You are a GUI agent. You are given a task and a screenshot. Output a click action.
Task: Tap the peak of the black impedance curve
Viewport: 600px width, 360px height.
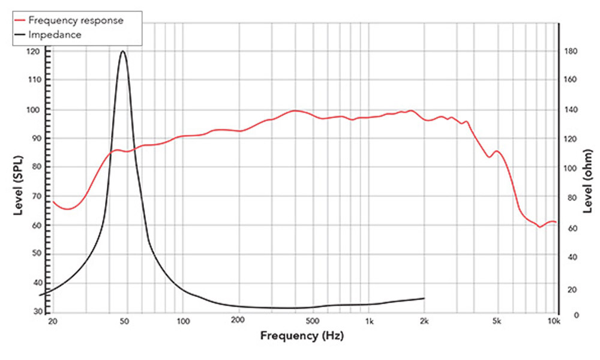123,51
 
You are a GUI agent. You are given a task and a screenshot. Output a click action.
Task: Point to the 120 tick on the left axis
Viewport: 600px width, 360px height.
37,52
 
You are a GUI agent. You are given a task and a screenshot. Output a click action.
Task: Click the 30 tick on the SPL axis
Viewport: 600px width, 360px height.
37,311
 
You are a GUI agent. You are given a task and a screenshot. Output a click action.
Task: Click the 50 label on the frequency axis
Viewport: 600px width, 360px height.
124,322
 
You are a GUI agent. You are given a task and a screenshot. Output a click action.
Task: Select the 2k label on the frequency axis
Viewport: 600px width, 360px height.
425,322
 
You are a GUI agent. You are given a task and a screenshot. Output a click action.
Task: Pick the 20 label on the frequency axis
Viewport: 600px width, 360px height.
52,322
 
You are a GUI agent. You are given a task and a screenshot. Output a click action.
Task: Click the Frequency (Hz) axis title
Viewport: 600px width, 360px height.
302,336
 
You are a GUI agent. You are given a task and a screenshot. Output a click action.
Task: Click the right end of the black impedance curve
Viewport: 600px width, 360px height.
424,298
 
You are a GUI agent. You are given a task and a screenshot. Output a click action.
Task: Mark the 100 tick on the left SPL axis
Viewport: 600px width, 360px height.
37,110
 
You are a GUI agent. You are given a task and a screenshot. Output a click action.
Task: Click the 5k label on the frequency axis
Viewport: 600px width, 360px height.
497,322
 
